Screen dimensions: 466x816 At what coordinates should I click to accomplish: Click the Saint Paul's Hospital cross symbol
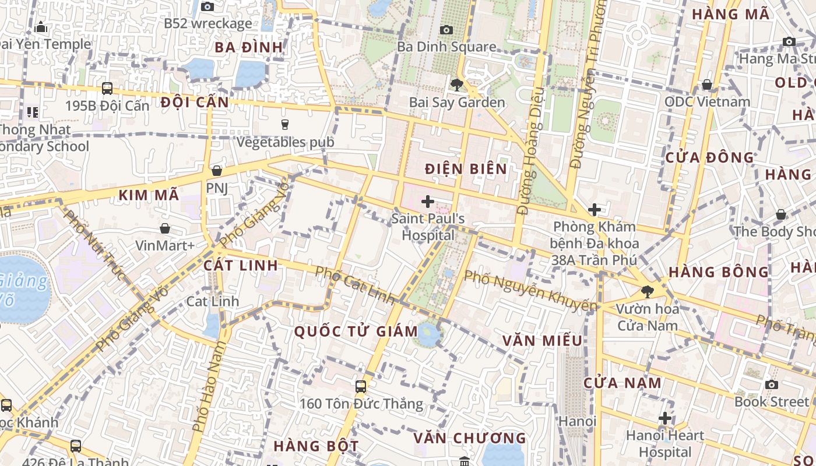(428, 202)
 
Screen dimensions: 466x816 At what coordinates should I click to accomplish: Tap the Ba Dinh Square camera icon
(446, 30)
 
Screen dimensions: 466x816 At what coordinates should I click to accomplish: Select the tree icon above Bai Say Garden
(457, 85)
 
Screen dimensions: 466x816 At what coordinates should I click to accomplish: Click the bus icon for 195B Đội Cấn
(107, 89)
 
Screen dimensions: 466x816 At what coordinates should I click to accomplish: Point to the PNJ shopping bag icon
(217, 171)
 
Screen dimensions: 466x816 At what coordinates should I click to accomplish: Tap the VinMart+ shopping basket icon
(165, 228)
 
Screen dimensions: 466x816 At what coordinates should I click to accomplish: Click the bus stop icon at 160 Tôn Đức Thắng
(361, 386)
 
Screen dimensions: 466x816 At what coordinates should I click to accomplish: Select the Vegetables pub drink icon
(285, 124)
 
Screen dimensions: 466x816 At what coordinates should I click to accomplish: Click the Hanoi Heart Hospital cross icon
(665, 418)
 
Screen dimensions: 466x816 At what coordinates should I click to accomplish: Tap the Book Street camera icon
(772, 384)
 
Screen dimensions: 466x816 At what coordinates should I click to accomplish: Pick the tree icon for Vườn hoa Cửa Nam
(647, 291)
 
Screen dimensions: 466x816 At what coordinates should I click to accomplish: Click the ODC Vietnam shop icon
(707, 85)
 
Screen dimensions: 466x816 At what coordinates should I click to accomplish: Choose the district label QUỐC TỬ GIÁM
(356, 331)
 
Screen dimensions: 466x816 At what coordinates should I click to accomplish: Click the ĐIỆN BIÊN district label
(466, 169)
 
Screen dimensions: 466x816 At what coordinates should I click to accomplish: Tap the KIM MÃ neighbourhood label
(149, 195)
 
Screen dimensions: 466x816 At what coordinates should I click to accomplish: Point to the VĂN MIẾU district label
(542, 340)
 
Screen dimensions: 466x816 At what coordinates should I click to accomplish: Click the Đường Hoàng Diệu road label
(530, 151)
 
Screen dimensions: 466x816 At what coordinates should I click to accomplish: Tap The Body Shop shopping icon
(781, 215)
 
